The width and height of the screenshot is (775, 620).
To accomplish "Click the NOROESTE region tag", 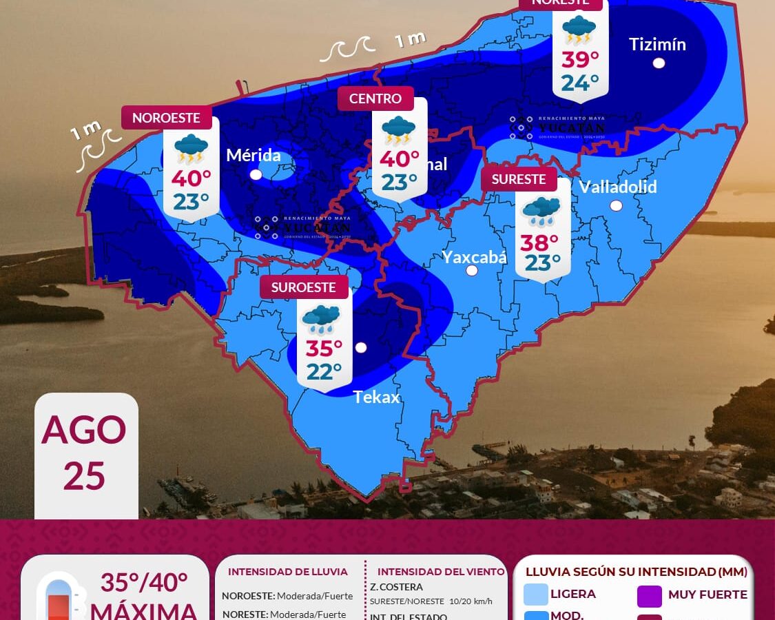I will click(x=166, y=118).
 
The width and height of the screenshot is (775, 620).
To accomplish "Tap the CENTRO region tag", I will click(x=375, y=99).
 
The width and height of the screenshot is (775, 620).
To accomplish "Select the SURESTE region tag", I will click(x=519, y=179).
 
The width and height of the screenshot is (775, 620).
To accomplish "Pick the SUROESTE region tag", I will click(x=303, y=287).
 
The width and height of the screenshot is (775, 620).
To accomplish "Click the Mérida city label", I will click(x=254, y=155).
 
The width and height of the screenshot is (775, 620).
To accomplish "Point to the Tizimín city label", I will click(x=657, y=44).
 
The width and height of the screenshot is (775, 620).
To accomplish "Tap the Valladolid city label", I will click(x=618, y=187).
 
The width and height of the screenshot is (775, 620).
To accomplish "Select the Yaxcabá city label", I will click(x=474, y=257).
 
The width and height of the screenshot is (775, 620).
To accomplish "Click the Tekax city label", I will click(x=376, y=397).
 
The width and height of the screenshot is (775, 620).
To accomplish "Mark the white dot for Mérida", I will click(x=256, y=174).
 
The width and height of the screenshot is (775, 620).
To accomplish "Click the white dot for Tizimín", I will click(x=659, y=63).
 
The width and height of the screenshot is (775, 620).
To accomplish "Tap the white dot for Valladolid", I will click(x=616, y=205).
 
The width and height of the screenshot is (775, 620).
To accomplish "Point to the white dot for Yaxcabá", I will click(x=472, y=271).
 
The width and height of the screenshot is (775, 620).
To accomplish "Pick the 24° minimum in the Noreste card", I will click(x=579, y=83).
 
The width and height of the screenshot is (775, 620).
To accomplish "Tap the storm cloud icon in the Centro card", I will click(x=398, y=130).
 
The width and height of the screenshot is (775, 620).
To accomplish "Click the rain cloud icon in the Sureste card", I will click(x=542, y=211).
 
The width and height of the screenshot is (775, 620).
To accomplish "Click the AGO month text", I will click(x=84, y=430).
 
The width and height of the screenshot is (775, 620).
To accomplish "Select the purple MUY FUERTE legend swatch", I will click(x=650, y=596).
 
